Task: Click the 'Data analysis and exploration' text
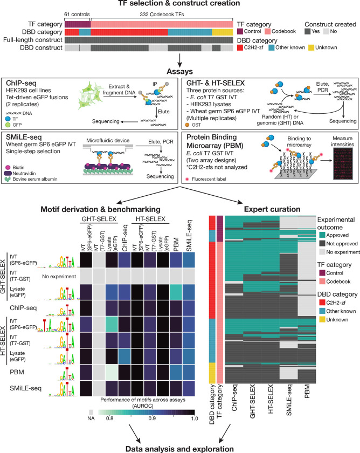[179, 448]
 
